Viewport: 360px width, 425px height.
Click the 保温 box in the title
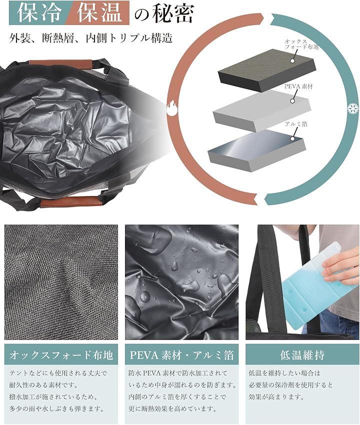99,12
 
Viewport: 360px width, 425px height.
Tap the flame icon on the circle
172,108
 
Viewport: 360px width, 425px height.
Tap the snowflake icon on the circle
352,108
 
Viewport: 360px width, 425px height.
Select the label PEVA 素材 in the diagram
298,86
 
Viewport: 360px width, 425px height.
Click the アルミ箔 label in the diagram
296,124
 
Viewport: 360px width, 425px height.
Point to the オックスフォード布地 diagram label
301,44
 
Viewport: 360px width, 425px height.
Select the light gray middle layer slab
261,110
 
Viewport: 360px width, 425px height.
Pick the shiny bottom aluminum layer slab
256,150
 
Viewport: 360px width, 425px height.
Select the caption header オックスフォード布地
61,354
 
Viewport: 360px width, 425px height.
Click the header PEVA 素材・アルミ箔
181,354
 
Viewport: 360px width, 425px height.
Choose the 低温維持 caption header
302,354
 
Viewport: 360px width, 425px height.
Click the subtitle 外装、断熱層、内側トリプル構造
91,38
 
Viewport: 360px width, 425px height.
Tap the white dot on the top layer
292,60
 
